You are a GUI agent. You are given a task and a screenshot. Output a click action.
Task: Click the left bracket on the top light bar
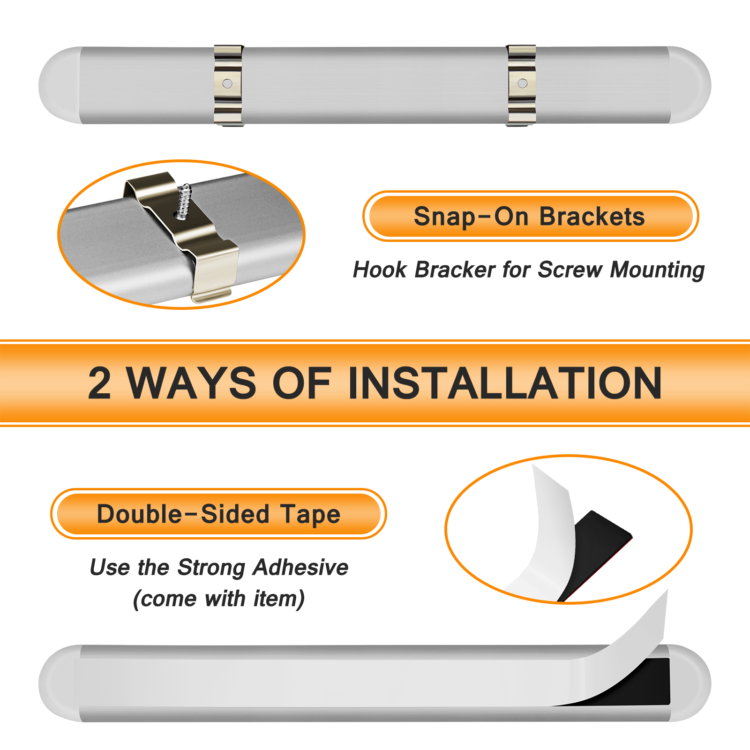228,85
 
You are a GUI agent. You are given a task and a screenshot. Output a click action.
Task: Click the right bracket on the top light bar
521,85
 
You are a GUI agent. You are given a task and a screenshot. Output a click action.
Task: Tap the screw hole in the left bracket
227,83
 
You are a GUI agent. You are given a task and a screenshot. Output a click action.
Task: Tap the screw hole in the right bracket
522,83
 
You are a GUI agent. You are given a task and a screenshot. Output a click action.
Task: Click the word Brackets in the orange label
592,217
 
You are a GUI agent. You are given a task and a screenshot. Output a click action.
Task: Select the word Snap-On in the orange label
471,217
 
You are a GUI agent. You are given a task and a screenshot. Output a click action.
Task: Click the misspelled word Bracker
455,270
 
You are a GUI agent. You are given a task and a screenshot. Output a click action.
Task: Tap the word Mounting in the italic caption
657,270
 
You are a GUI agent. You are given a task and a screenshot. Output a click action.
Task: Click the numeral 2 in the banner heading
100,383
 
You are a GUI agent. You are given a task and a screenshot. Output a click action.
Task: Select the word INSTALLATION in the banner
505,383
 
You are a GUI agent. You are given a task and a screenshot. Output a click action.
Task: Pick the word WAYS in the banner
192,383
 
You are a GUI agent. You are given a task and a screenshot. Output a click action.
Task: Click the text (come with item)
219,599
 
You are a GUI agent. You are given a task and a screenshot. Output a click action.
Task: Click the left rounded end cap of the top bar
60,85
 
